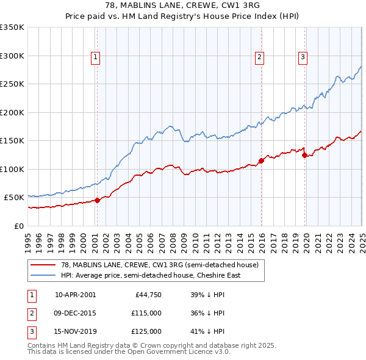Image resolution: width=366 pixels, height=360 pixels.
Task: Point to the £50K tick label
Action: coord(13,198)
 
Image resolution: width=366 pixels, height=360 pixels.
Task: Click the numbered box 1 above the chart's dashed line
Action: coord(96,57)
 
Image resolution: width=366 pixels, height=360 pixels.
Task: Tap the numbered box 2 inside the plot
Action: coord(259,57)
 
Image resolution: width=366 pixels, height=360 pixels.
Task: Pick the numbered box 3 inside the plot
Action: coord(303,57)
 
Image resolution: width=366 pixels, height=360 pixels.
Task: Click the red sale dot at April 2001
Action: coord(97,200)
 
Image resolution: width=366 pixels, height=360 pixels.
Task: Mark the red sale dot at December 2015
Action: coord(261,160)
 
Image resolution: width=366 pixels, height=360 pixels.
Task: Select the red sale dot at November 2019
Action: coord(304,155)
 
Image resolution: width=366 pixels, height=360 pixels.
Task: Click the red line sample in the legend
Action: coord(43,265)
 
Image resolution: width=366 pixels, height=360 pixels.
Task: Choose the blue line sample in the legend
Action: coord(43,275)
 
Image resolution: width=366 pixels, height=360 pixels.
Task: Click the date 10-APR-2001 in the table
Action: coord(75,295)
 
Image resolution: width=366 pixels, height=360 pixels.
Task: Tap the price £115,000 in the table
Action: coord(146,313)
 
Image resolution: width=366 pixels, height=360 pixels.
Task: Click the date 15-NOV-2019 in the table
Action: coord(75,331)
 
